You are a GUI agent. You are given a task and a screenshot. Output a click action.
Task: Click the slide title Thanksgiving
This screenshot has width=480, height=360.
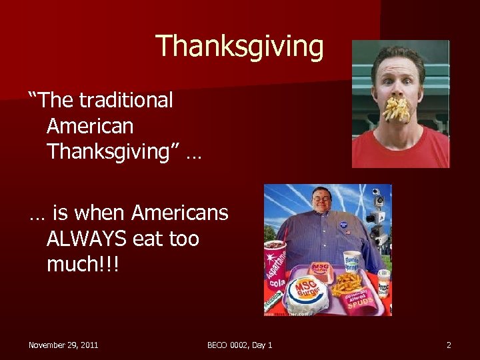pos(239,47)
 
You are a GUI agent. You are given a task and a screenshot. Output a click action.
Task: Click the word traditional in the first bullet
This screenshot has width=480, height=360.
pos(125,101)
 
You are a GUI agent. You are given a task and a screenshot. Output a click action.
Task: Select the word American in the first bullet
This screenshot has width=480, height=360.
pos(90,126)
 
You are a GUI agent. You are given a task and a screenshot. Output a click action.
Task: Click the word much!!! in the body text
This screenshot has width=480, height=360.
pos(83,264)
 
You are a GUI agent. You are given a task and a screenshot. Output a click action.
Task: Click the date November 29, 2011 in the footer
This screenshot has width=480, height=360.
pos(63,345)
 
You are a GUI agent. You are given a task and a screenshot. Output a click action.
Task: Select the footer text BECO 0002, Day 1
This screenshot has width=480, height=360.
pos(239,345)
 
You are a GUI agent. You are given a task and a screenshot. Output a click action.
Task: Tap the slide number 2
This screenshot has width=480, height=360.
pos(449,345)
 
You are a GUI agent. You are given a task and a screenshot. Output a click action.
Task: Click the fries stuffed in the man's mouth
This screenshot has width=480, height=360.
pos(398,108)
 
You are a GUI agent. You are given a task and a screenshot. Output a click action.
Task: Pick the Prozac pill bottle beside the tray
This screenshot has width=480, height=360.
pos(383,283)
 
